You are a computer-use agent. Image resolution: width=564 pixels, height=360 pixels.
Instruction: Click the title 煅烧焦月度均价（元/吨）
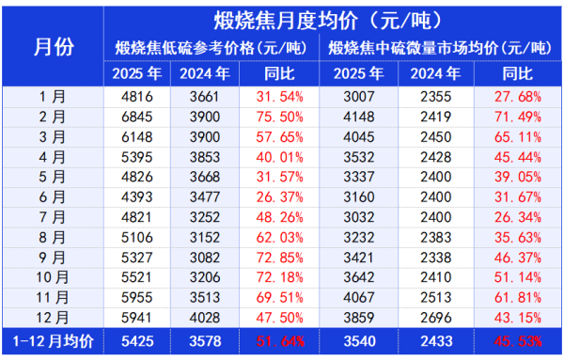pyautogui.click(x=332, y=20)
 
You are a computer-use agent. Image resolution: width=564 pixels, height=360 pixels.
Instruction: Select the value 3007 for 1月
pyautogui.click(x=357, y=96)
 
